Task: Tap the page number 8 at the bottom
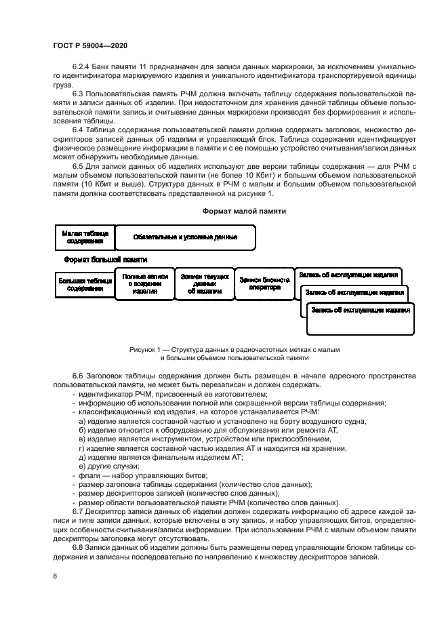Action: [x=55, y=576]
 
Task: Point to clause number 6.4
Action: [x=78, y=128]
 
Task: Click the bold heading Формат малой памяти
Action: [x=244, y=211]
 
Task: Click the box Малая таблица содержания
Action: [x=85, y=237]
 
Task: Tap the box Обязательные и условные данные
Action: [x=185, y=237]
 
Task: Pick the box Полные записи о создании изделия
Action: [x=145, y=283]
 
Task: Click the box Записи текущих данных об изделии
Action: [x=204, y=283]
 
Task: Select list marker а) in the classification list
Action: [x=83, y=421]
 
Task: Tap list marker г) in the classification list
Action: [x=83, y=448]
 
